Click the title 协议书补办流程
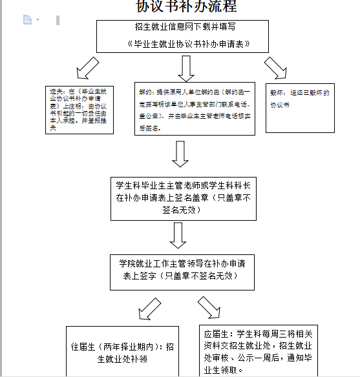[186, 7]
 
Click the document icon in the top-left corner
[27, 20]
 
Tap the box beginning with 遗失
[79, 110]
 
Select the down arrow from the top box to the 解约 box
[187, 67]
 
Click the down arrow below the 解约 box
[180, 154]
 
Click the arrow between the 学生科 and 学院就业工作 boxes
[178, 235]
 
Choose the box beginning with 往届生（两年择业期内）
[122, 352]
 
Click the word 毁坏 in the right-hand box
[277, 93]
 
